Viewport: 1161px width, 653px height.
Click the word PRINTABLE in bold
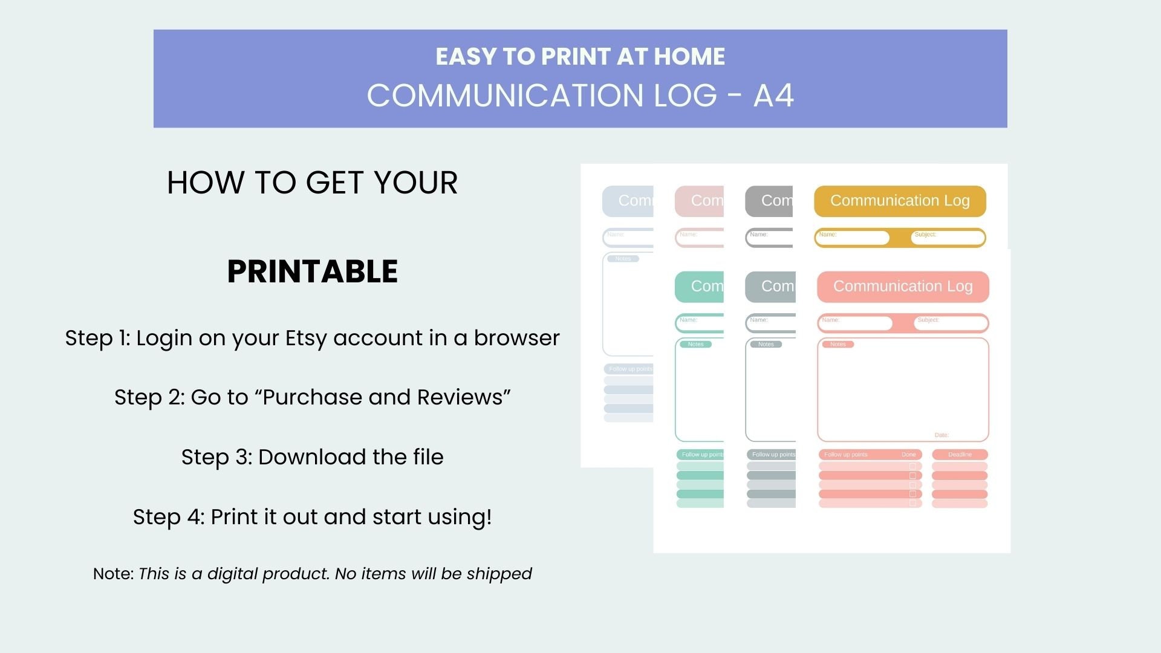(x=312, y=271)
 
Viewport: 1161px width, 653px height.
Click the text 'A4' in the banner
(x=773, y=96)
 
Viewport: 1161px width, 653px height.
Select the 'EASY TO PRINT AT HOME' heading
(x=580, y=56)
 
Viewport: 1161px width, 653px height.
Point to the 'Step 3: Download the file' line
(x=312, y=457)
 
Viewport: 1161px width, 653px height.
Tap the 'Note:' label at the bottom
(x=113, y=574)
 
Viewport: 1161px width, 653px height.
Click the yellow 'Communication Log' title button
(x=899, y=201)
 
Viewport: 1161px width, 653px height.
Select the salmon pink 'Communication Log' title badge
(x=902, y=287)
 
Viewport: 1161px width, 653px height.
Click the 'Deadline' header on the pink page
(x=960, y=455)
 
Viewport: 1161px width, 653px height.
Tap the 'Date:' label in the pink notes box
(x=941, y=435)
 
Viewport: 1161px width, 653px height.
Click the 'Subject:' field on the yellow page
(x=948, y=238)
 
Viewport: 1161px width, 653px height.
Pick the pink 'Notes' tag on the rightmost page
(x=837, y=345)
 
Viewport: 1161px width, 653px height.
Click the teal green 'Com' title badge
(x=700, y=287)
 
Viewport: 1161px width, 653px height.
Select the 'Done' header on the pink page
(x=908, y=455)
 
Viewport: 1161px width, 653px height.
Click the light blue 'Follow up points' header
(x=629, y=369)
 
